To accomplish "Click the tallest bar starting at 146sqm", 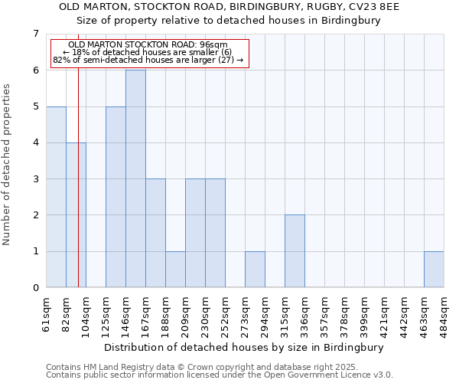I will coord(135,178).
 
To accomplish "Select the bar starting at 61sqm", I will coord(56,197).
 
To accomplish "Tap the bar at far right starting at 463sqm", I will coord(434,270).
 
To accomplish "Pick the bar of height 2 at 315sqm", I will coord(295,251).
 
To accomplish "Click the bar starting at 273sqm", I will coord(255,270).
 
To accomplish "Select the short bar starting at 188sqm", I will coord(175,270).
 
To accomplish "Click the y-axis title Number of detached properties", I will coord(8,165).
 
